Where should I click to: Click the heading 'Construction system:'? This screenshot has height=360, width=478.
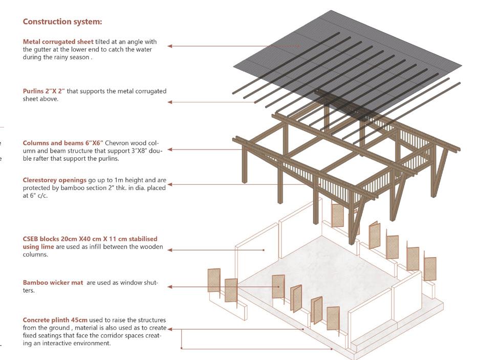[62, 22]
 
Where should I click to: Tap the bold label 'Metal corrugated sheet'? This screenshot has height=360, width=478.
[58, 41]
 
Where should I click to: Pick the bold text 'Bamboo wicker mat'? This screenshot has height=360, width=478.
[53, 282]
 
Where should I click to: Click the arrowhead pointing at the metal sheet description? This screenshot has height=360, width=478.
[170, 46]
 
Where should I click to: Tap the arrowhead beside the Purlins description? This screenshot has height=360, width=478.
[170, 102]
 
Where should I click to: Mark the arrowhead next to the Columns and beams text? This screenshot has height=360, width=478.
[170, 150]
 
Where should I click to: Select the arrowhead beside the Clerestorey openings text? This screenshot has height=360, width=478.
[170, 184]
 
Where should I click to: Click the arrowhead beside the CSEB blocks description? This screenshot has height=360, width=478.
[170, 250]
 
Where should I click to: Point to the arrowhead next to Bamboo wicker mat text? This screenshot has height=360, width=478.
[170, 287]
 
